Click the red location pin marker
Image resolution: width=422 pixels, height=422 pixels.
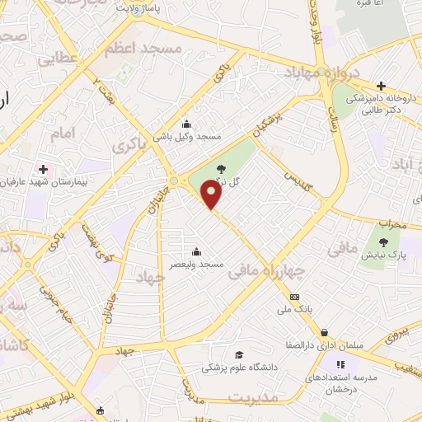212,194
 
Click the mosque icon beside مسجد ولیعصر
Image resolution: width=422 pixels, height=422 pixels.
196,251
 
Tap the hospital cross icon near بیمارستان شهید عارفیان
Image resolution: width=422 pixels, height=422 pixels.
44,169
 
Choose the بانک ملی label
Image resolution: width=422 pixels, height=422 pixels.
294,309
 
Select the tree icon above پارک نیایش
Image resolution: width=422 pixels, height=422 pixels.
384,242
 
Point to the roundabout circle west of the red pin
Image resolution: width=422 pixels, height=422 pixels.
174,181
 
